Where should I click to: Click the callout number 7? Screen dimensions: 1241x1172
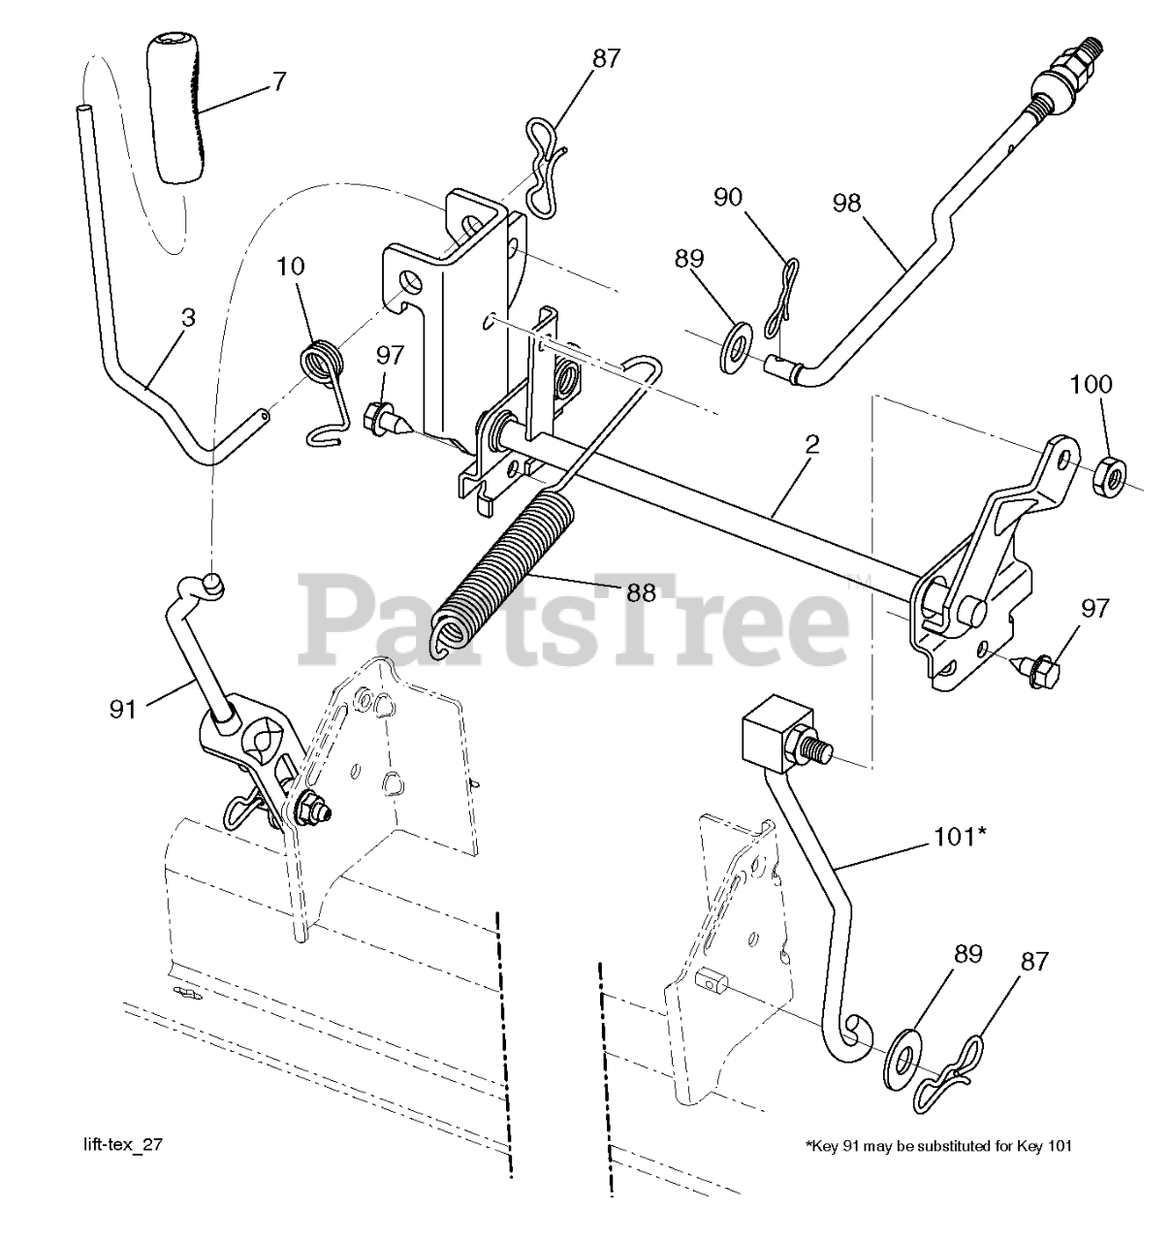tap(279, 81)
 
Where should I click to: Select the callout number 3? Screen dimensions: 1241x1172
tap(187, 317)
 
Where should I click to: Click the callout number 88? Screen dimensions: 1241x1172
tap(641, 592)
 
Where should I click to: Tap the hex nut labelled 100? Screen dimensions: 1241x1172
tap(1107, 475)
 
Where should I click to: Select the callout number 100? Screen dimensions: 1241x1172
tap(1092, 384)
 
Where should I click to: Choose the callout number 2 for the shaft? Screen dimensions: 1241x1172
tap(811, 445)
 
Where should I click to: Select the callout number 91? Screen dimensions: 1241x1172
tap(123, 710)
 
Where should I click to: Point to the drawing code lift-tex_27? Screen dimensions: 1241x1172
tap(123, 1145)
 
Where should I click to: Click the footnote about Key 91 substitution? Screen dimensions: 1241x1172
tap(938, 1146)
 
